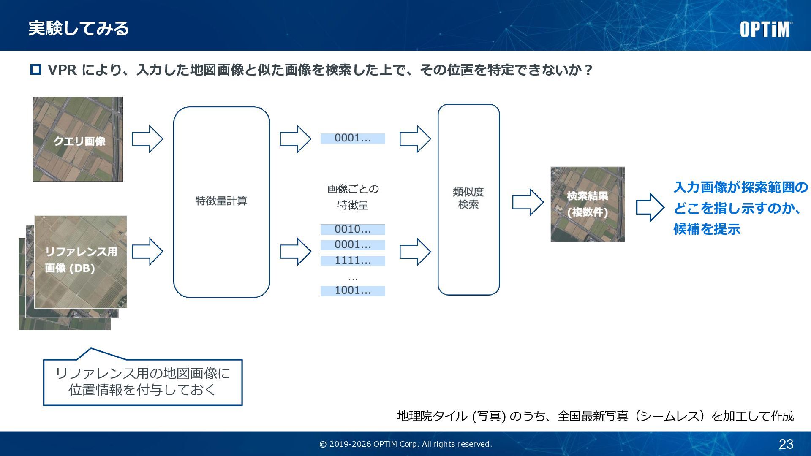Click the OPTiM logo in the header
[x=765, y=29]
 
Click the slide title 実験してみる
[x=79, y=28]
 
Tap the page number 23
[x=786, y=444]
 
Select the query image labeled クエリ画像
[x=78, y=139]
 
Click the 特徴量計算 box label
[x=221, y=201]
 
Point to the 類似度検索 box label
[x=468, y=198]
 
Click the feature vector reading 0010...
[x=353, y=229]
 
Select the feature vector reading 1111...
[x=353, y=261]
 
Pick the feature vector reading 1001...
[x=353, y=290]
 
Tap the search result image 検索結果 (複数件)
[x=587, y=204]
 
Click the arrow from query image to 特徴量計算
[x=147, y=139]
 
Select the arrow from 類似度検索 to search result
[x=528, y=202]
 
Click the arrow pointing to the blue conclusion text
[x=650, y=207]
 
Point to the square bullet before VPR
[x=35, y=70]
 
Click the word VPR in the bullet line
[x=62, y=70]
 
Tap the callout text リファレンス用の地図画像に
[x=143, y=373]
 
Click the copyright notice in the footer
[x=405, y=444]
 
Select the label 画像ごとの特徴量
[x=353, y=197]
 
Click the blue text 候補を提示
[x=707, y=229]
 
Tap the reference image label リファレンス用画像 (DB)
[x=80, y=260]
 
